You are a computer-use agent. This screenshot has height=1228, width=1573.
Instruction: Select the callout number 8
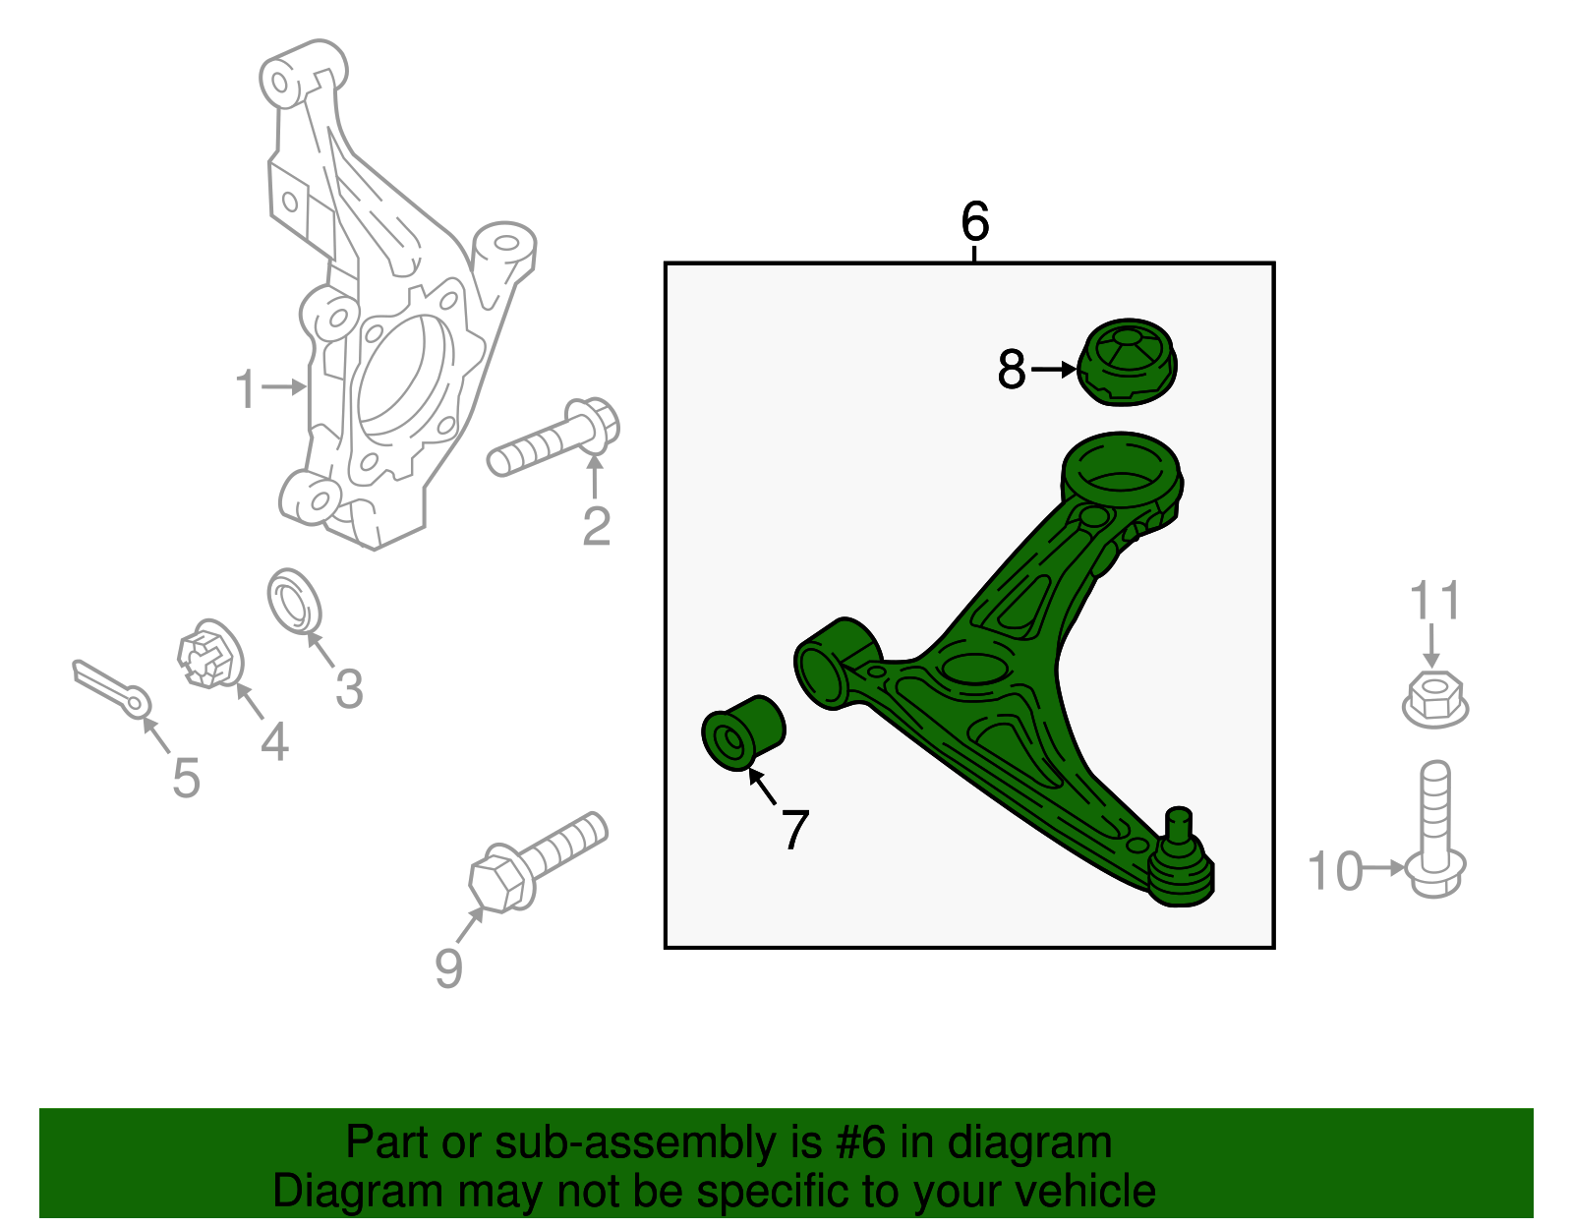point(1012,369)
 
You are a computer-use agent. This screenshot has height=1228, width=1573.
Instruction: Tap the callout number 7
point(794,829)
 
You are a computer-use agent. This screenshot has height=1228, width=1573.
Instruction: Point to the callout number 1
point(246,388)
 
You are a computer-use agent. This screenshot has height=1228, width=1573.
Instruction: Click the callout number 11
point(1434,600)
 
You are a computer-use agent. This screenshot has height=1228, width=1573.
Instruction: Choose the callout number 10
point(1335,870)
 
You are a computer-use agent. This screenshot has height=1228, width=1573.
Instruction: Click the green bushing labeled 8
point(1127,362)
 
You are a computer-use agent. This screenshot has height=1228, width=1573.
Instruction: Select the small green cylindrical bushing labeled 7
point(743,733)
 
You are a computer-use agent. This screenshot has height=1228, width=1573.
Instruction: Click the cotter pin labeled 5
point(111,689)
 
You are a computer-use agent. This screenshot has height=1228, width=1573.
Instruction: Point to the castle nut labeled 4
point(210,654)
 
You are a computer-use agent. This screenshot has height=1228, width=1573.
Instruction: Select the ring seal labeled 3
point(294,601)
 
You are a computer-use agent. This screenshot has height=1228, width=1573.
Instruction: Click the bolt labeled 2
point(553,437)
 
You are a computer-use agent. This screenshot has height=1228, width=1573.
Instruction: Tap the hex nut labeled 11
point(1434,698)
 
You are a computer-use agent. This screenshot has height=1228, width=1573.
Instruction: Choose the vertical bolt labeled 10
point(1434,830)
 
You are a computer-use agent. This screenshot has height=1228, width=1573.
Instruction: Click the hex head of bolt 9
point(498,879)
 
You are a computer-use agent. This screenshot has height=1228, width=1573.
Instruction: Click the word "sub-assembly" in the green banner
point(658,1141)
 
